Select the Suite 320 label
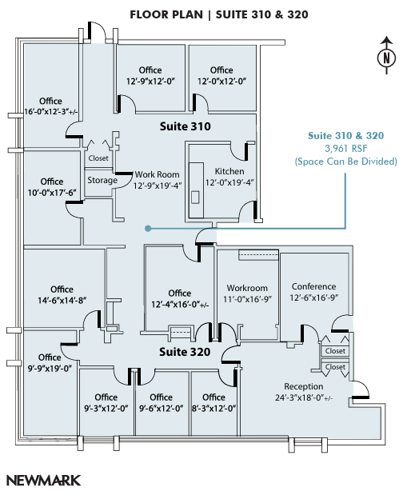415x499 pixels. tap(184, 352)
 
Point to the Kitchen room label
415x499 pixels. tap(229, 171)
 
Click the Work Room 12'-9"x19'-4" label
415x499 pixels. tap(158, 180)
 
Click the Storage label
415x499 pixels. tap(102, 180)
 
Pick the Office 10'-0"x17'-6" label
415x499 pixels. tap(52, 187)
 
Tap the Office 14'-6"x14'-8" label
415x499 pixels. tap(62, 294)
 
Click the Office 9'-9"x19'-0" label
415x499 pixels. tap(50, 362)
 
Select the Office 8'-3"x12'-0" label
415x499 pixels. tap(213, 402)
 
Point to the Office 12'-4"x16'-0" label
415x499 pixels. tap(180, 298)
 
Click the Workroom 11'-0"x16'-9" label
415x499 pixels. tap(247, 293)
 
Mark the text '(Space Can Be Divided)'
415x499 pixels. tap(345, 162)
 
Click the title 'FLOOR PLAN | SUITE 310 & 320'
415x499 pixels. tap(208, 14)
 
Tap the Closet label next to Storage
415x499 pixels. tap(98, 158)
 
